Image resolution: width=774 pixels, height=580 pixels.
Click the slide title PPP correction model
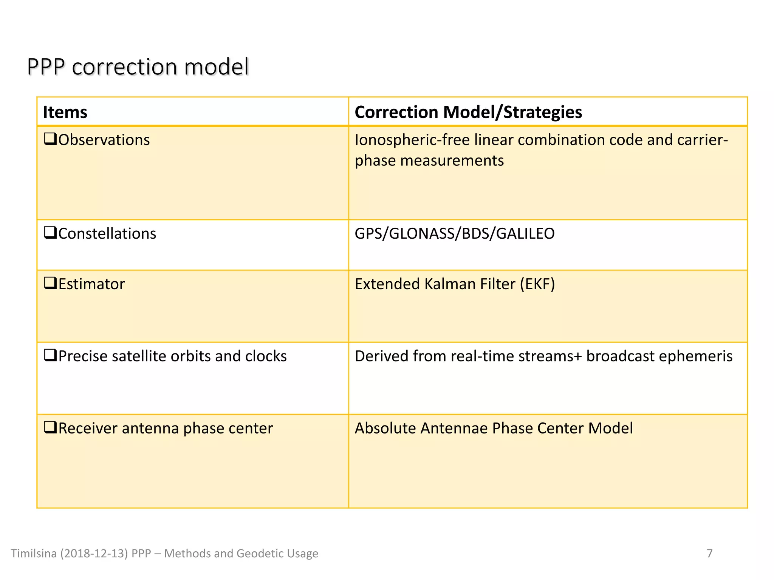coord(138,67)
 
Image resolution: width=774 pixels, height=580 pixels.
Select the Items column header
coord(65,112)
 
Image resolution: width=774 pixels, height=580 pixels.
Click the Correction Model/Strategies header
coord(468,112)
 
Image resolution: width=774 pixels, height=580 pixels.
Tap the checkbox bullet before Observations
coord(50,139)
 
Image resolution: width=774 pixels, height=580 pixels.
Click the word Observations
coord(104,140)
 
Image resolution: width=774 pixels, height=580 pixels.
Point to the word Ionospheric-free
coord(412,140)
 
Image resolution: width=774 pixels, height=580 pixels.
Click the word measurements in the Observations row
coord(452,161)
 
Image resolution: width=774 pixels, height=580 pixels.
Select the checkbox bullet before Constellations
coord(50,233)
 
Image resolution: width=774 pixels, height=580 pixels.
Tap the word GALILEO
coord(525,234)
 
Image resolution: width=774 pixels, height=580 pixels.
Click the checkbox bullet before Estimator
coord(50,283)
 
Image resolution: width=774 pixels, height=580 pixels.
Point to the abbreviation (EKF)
coord(537,284)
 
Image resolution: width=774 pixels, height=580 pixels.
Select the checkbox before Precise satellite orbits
coord(50,355)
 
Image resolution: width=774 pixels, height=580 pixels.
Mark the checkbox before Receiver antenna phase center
coord(50,427)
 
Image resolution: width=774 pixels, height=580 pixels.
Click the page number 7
coord(709,554)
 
